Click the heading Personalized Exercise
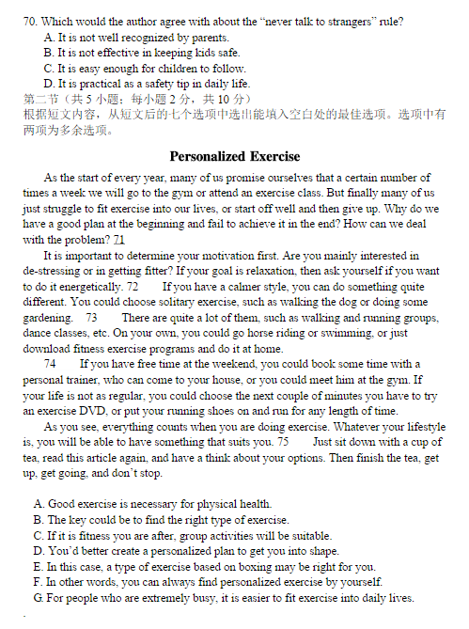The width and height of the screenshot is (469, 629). pos(235,156)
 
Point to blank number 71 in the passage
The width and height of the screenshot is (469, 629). pos(119,240)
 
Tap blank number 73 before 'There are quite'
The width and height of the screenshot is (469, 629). pos(91,318)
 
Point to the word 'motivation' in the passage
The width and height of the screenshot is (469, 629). pos(222,256)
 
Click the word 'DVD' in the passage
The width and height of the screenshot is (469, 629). pos(91,411)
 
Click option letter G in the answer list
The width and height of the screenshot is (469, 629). pos(38,598)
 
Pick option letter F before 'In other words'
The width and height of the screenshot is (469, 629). pos(38,582)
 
